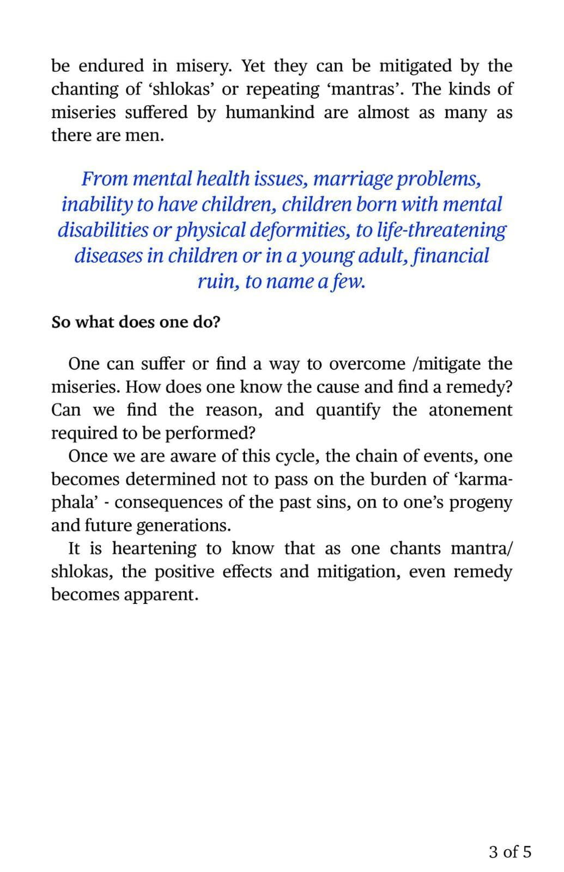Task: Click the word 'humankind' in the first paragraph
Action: [x=270, y=112]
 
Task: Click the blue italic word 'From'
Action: [x=105, y=179]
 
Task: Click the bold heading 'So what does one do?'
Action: [x=136, y=322]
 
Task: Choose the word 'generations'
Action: [x=183, y=526]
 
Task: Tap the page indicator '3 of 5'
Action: [x=510, y=852]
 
